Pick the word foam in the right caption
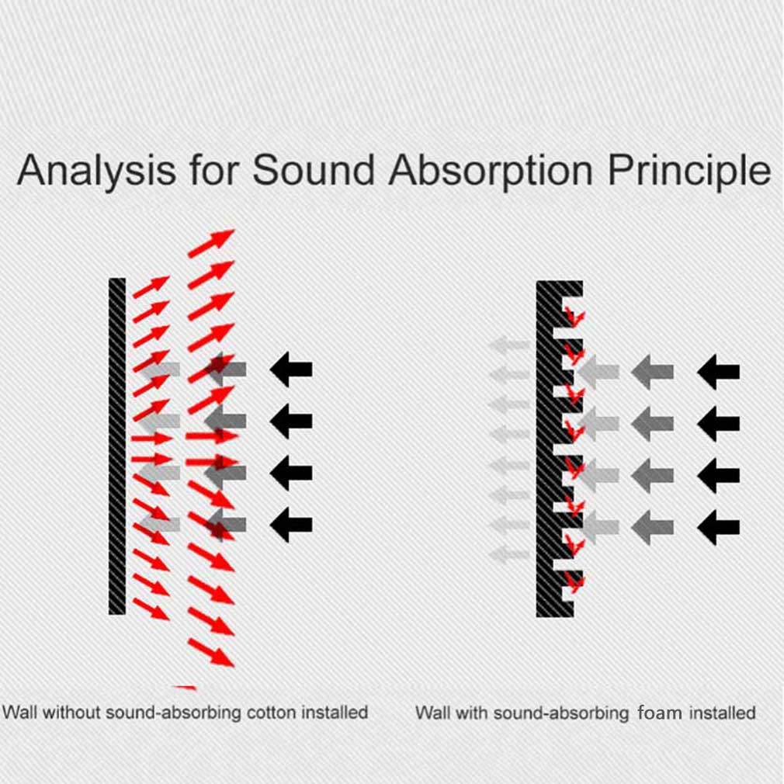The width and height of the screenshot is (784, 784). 660,713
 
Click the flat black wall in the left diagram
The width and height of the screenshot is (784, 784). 117,446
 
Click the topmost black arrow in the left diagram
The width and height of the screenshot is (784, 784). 291,369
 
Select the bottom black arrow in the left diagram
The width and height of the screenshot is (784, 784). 291,525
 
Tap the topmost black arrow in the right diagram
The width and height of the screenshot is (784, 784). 719,372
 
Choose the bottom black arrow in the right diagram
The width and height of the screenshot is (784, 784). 719,528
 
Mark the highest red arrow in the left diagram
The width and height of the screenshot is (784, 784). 211,244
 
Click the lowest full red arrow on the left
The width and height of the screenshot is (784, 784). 211,653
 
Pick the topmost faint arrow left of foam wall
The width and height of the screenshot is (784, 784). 508,345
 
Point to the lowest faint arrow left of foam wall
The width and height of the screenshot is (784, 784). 508,554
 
